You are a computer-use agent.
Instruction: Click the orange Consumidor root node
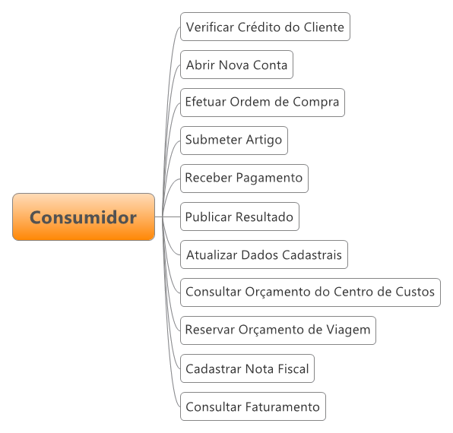point(84,216)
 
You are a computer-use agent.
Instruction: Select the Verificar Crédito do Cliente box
point(265,27)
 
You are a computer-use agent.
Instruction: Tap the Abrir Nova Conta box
point(236,65)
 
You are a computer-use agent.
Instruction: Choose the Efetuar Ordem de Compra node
point(262,103)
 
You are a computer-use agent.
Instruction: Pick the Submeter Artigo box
point(234,141)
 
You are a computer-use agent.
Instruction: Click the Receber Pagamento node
point(244,179)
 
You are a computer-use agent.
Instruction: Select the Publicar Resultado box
point(239,216)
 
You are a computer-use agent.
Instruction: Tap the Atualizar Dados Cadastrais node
point(264,254)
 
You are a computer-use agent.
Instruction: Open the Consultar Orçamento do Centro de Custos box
point(310,292)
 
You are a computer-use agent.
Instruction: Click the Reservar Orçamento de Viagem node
point(278,330)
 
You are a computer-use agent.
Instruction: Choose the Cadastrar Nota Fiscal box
point(247,368)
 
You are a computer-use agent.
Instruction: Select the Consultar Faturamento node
point(253,406)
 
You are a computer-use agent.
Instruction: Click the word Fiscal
point(293,368)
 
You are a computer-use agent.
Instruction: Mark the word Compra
point(315,103)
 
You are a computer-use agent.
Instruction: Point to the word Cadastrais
point(312,255)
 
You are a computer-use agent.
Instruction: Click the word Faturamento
point(283,406)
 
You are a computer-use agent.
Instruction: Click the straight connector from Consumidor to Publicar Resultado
point(167,216)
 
